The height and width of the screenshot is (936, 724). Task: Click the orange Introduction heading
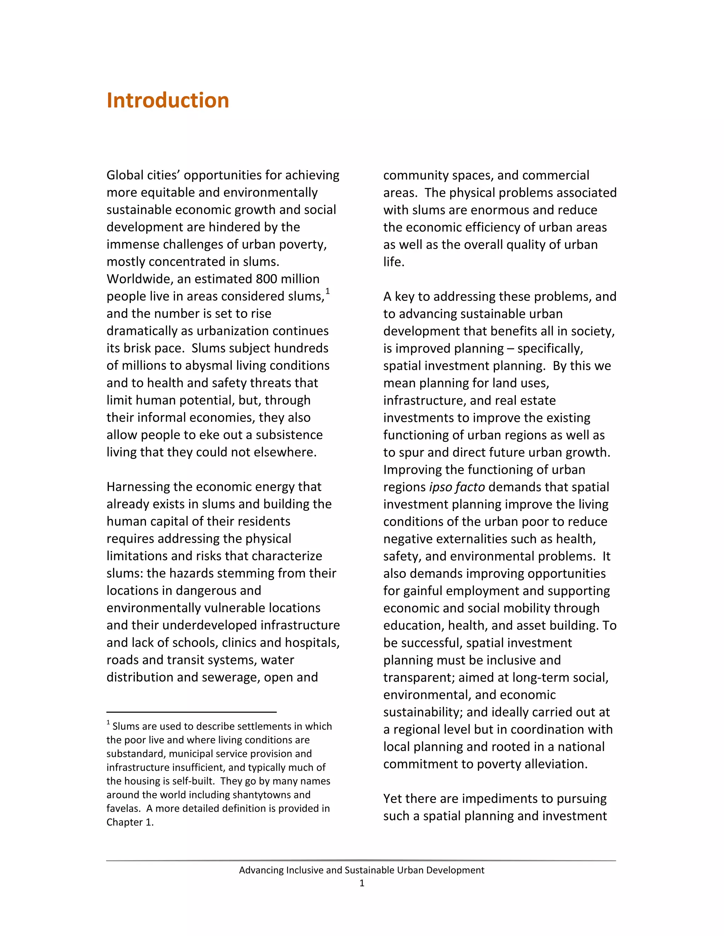[x=168, y=100]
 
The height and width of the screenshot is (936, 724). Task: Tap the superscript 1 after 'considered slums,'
[x=327, y=292]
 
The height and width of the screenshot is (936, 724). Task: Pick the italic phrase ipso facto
[x=457, y=487]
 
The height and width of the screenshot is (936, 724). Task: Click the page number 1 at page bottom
[x=362, y=883]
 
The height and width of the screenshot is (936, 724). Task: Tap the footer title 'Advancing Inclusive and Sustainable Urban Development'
[x=362, y=870]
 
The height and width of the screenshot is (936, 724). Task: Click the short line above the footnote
[x=191, y=712]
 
